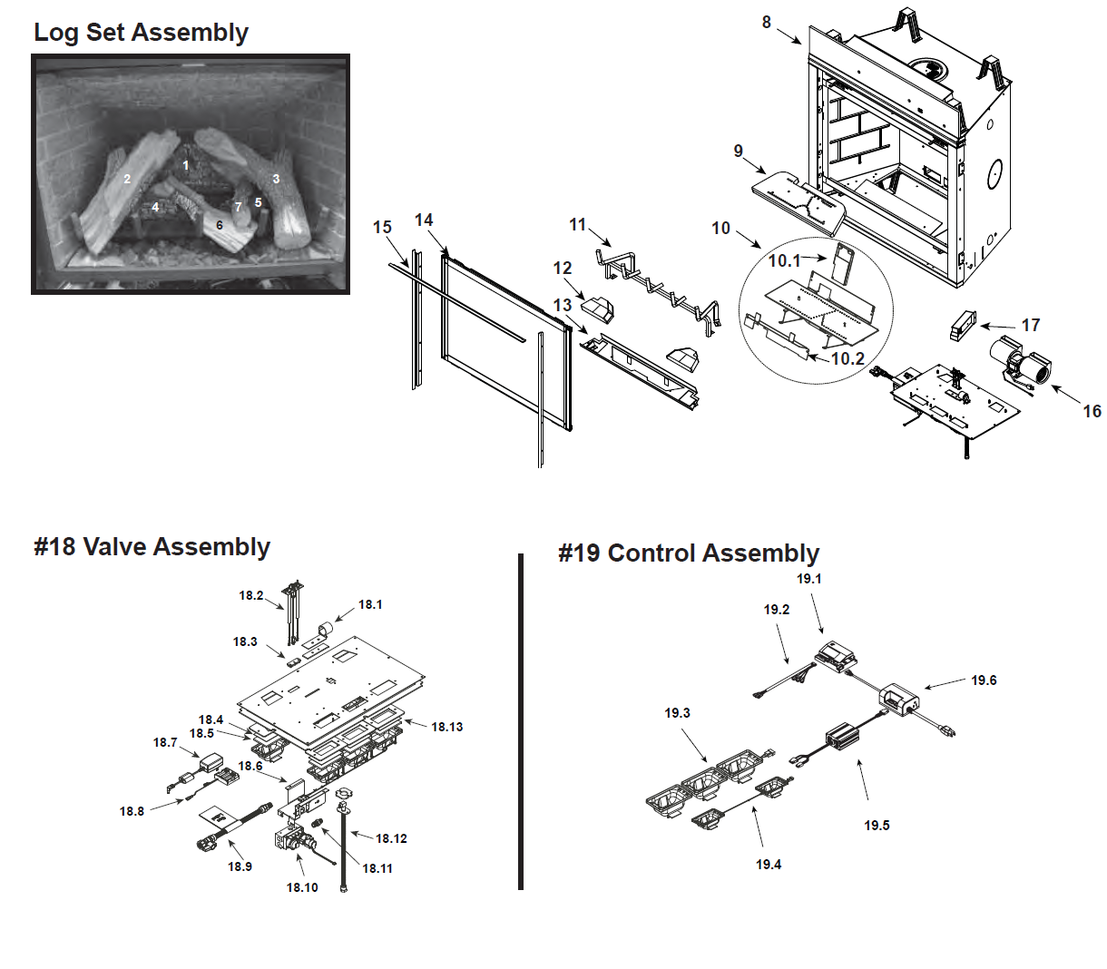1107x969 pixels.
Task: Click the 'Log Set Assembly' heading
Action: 141,33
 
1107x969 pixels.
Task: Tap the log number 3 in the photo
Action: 276,179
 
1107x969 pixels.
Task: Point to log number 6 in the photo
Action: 219,225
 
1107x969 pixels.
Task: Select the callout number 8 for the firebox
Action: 767,22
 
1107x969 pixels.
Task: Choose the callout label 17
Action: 1031,325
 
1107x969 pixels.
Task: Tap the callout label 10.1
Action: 785,261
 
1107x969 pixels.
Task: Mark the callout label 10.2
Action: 847,358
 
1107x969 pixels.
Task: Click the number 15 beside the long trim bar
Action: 382,227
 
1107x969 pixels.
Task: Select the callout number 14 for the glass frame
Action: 424,220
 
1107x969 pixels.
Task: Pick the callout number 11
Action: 578,224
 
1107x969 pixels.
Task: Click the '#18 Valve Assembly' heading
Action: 152,547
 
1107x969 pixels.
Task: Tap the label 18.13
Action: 446,727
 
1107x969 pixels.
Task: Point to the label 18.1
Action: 370,604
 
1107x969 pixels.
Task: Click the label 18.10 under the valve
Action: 302,887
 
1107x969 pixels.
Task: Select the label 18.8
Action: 132,811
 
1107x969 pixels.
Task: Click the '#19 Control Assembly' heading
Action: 689,553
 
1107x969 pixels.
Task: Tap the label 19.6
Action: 984,680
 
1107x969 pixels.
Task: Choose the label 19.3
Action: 677,713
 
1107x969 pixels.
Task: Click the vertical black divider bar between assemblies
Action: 521,721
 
